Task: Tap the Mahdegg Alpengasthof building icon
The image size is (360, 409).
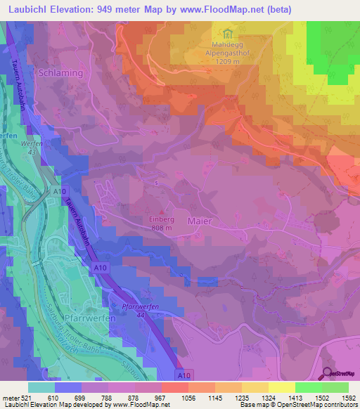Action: (x=227, y=34)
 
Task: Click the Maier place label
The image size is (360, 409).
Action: (x=200, y=221)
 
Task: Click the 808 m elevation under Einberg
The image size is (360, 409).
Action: (x=162, y=227)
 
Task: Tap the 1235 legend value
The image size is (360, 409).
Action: (x=242, y=398)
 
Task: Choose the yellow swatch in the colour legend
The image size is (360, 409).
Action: (x=282, y=387)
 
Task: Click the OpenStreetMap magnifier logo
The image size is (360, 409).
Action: (x=328, y=374)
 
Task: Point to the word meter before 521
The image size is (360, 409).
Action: (x=10, y=398)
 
